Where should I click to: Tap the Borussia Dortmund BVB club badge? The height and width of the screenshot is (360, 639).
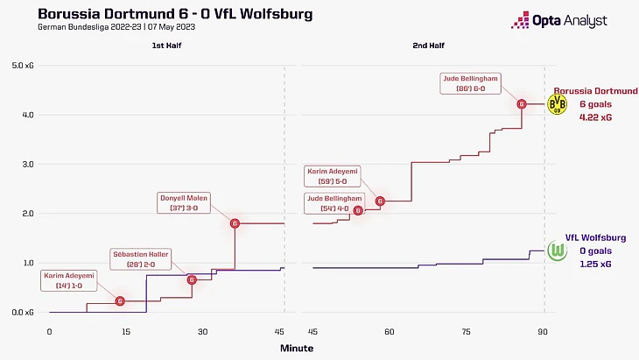557,104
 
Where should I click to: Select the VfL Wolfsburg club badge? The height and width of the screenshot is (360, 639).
557,251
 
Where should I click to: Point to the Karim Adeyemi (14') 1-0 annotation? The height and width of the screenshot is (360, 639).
72,280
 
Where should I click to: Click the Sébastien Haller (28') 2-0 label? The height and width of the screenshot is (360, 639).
141,258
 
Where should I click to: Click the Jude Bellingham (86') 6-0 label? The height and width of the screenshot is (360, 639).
471,83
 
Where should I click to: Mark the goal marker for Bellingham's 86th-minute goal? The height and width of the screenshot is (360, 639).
522,104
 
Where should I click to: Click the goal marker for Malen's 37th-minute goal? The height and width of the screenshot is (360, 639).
235,223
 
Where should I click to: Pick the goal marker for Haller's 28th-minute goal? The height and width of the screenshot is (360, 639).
192,280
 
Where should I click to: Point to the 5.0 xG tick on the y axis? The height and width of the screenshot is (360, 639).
23,66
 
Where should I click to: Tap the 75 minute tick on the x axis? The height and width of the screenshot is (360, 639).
467,332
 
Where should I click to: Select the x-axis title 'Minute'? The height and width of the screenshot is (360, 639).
297,348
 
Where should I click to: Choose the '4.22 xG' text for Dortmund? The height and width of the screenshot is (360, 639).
594,116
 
